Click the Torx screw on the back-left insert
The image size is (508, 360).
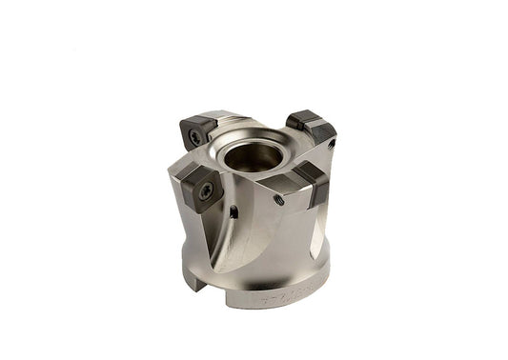(x=196, y=136)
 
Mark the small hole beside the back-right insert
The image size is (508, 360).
(x=331, y=144)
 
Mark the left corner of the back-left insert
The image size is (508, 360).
(x=182, y=126)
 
